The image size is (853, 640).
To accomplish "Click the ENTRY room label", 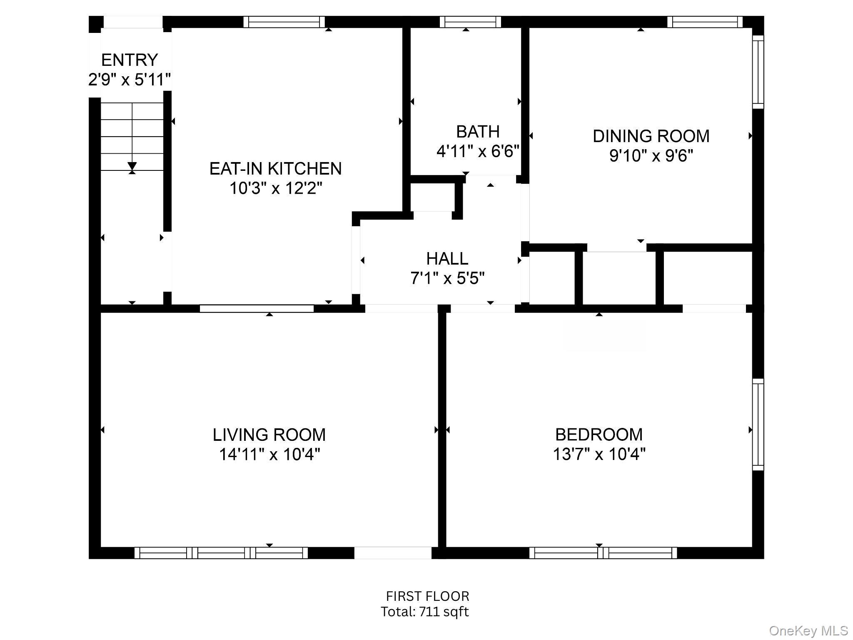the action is click(x=130, y=60).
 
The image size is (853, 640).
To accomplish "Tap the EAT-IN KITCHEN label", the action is click(x=275, y=168).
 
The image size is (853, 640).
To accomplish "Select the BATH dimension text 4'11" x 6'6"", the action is click(x=478, y=151).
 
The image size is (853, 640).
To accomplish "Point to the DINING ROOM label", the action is click(x=651, y=136).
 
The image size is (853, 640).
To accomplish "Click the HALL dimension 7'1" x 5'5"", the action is click(x=447, y=278).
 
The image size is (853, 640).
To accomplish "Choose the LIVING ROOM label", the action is click(x=269, y=435).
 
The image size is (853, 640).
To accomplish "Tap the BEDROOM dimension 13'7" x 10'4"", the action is click(x=599, y=454).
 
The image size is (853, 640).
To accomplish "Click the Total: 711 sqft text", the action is click(x=425, y=612).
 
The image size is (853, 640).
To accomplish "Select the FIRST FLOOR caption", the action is click(x=428, y=596).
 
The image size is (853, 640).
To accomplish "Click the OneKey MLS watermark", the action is click(x=808, y=630).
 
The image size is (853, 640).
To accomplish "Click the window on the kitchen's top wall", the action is click(x=284, y=22).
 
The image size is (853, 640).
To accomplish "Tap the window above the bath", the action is click(x=470, y=22).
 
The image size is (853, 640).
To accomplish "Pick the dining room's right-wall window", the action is click(x=758, y=72).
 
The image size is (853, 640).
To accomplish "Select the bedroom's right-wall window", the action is click(x=758, y=425).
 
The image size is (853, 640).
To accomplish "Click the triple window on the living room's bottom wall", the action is click(x=221, y=553).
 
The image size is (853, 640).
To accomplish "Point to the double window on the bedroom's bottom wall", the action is click(x=603, y=553).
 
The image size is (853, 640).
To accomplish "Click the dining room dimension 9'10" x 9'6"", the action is click(x=651, y=155).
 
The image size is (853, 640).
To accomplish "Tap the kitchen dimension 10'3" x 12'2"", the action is click(x=276, y=188).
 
